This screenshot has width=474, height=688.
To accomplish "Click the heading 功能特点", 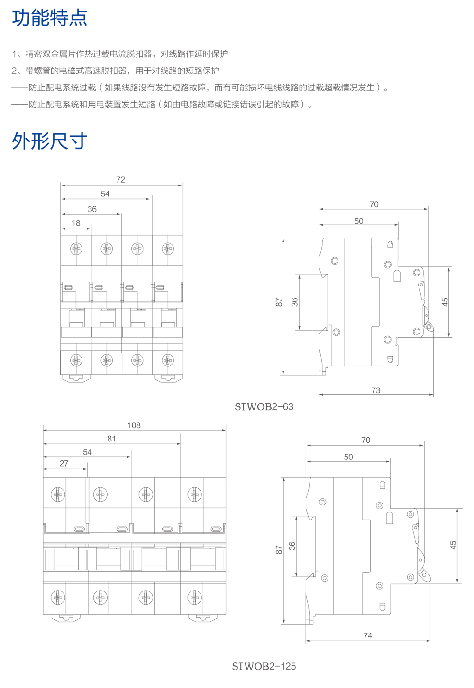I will tap(50, 18).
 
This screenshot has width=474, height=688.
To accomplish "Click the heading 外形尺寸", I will tap(50, 141).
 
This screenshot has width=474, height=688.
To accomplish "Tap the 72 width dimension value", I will tap(120, 180).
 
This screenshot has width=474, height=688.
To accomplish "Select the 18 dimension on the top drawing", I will tap(76, 223).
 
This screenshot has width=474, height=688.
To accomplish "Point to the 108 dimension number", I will tap(134, 425).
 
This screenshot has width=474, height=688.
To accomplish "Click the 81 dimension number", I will tap(111, 439).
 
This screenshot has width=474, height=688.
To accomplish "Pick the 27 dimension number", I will tap(64, 463).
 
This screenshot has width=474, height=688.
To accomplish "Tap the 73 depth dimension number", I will tap(376, 390).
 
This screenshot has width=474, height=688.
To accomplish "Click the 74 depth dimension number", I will tap(368, 635).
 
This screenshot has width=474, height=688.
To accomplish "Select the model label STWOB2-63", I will tap(264, 407).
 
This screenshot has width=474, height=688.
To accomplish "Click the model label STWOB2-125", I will tap(264, 666).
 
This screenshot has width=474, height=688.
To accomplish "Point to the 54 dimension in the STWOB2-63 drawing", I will tap(105, 194).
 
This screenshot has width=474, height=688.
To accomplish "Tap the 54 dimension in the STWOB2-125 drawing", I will tap(87, 452).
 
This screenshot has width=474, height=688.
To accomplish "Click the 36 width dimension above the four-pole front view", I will tap(92, 209).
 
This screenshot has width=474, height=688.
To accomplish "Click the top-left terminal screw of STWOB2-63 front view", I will tap(76, 248).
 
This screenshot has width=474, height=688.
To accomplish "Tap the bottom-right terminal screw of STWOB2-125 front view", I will tap(194, 597).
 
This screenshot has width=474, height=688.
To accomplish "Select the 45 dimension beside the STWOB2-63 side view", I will tap(445, 302).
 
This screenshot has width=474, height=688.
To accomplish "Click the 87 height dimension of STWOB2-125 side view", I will tap(279, 549).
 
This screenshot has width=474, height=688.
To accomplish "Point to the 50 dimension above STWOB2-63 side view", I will tap(359, 221).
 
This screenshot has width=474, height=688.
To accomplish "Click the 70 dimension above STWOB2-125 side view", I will tap(366, 440).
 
